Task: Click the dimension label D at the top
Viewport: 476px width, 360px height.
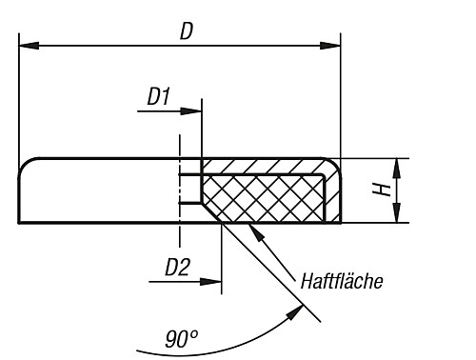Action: [187, 30]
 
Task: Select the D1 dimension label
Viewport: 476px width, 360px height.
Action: [158, 96]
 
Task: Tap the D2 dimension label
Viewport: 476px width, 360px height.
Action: [176, 267]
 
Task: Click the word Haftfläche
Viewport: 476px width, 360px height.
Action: [341, 281]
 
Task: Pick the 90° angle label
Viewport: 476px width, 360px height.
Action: [181, 338]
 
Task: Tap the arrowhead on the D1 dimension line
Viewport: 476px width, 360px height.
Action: [194, 111]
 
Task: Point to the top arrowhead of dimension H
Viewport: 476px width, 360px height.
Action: [397, 165]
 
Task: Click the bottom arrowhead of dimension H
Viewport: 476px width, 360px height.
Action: [397, 217]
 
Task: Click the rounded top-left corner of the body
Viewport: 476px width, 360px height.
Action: [28, 166]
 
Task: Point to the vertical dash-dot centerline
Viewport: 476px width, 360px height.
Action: [179, 190]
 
